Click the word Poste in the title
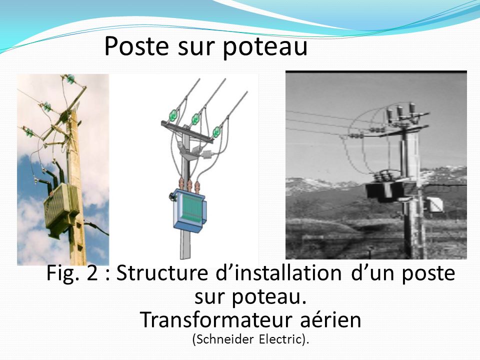(136, 46)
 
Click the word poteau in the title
(265, 47)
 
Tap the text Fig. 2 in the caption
(72, 273)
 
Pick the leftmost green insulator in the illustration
(173, 115)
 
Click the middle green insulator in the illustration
(195, 119)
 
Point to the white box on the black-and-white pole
(434, 205)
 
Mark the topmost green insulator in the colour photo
(70, 78)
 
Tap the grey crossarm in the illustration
(187, 132)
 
